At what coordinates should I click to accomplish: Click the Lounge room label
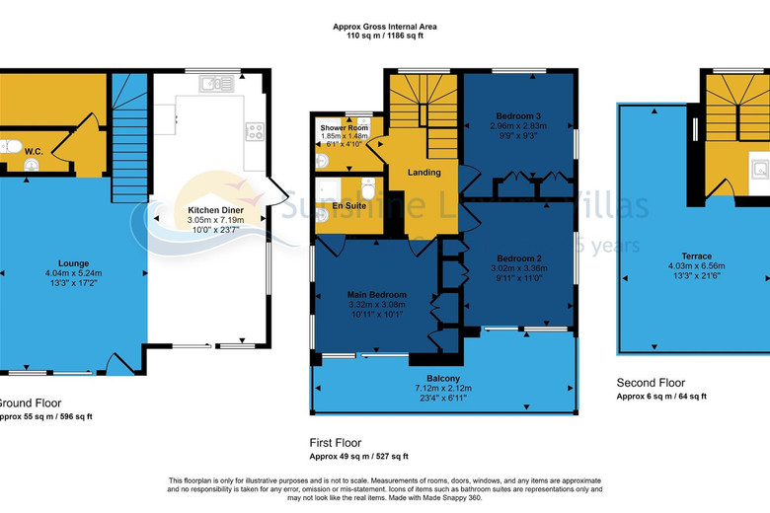[x=73, y=263]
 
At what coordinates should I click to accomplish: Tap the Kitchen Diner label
[x=216, y=210]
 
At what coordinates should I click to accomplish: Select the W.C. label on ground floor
[x=32, y=152]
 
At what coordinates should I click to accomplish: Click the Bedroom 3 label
[x=519, y=116]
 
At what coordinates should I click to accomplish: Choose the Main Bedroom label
[x=375, y=294]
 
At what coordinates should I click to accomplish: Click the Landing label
[x=423, y=173]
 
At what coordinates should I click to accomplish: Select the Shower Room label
[x=344, y=127]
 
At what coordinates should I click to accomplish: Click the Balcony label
[x=442, y=379]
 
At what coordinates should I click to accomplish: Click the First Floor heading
[x=336, y=443]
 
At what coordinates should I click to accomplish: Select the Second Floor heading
[x=650, y=383]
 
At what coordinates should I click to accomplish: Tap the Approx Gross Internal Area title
[x=385, y=27]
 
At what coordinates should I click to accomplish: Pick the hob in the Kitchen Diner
[x=254, y=129]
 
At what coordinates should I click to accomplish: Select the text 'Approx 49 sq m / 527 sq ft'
[x=358, y=456]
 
